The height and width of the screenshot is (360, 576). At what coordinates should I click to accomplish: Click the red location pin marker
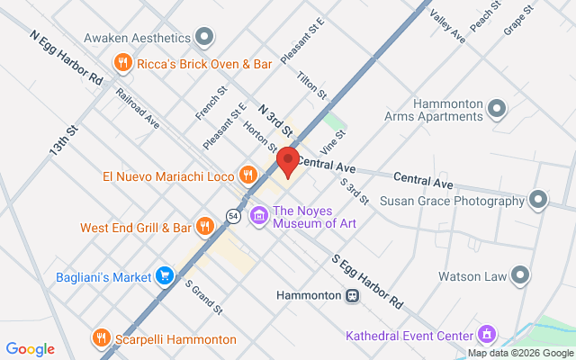tap(287, 162)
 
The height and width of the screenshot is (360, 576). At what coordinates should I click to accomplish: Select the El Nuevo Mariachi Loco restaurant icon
tap(246, 175)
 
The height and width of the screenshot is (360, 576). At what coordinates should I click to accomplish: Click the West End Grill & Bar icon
tap(205, 227)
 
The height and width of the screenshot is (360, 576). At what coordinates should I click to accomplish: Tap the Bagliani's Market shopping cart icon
tap(164, 275)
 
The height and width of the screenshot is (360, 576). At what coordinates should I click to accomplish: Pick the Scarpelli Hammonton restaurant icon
tap(101, 338)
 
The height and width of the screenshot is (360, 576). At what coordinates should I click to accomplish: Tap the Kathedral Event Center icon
tap(487, 335)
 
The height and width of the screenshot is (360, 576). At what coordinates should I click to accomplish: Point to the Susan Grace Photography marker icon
tap(538, 198)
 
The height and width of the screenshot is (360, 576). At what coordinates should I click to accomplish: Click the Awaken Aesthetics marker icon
tap(205, 38)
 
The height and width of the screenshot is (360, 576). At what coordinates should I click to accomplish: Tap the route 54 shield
tap(233, 216)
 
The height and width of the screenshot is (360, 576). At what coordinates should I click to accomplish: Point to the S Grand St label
tap(203, 297)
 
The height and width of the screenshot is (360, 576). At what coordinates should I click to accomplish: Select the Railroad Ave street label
tap(137, 108)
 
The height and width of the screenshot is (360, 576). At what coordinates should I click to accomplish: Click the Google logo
tap(30, 349)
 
